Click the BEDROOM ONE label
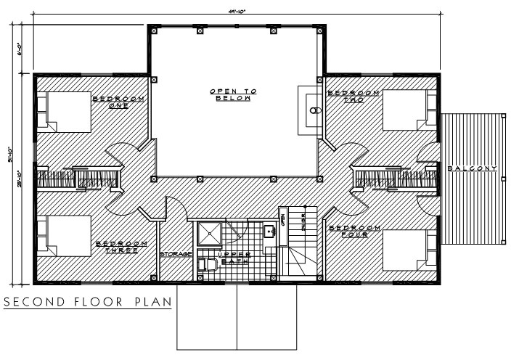[118, 102]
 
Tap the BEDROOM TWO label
[354, 96]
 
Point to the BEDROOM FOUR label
[354, 231]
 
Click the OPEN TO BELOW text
[234, 94]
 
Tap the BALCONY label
[472, 169]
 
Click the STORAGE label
[176, 253]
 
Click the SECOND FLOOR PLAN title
[87, 300]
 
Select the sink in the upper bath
[269, 232]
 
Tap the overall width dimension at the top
[235, 10]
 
